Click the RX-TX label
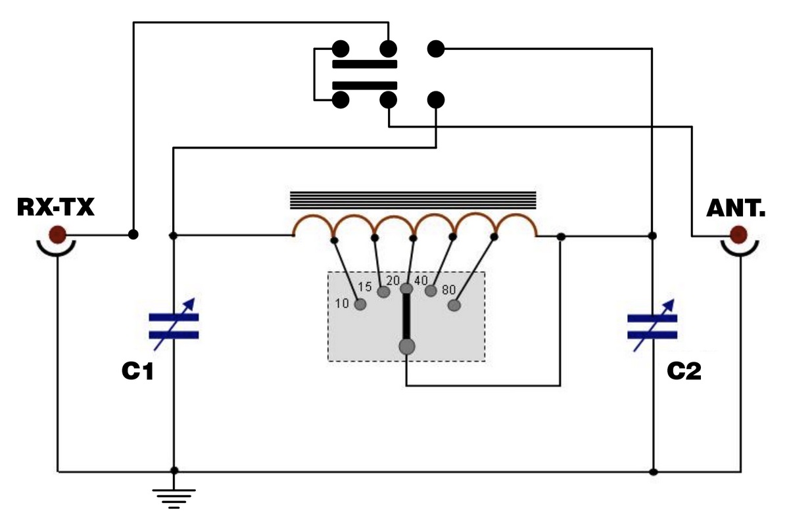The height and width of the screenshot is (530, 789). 56,207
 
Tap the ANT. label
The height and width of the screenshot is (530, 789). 736,208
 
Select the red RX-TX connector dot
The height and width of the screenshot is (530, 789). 57,235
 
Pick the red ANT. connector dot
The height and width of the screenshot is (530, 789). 738,235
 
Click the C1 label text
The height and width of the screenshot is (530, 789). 137,371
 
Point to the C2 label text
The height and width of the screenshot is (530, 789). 684,371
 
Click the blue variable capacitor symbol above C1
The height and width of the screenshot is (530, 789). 174,325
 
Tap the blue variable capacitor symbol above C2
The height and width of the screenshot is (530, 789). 652,326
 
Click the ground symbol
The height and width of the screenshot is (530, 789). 174,498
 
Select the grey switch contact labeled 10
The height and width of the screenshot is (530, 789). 360,304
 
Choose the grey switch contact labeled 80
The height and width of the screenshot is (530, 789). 454,305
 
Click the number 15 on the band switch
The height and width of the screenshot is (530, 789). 365,287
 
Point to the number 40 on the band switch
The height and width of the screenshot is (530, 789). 421,281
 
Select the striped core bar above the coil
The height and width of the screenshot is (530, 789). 413,200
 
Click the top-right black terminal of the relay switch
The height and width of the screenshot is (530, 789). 436,49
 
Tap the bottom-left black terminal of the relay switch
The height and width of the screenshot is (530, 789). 341,100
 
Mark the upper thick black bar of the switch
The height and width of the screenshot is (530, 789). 365,64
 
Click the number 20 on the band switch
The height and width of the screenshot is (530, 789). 393,281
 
